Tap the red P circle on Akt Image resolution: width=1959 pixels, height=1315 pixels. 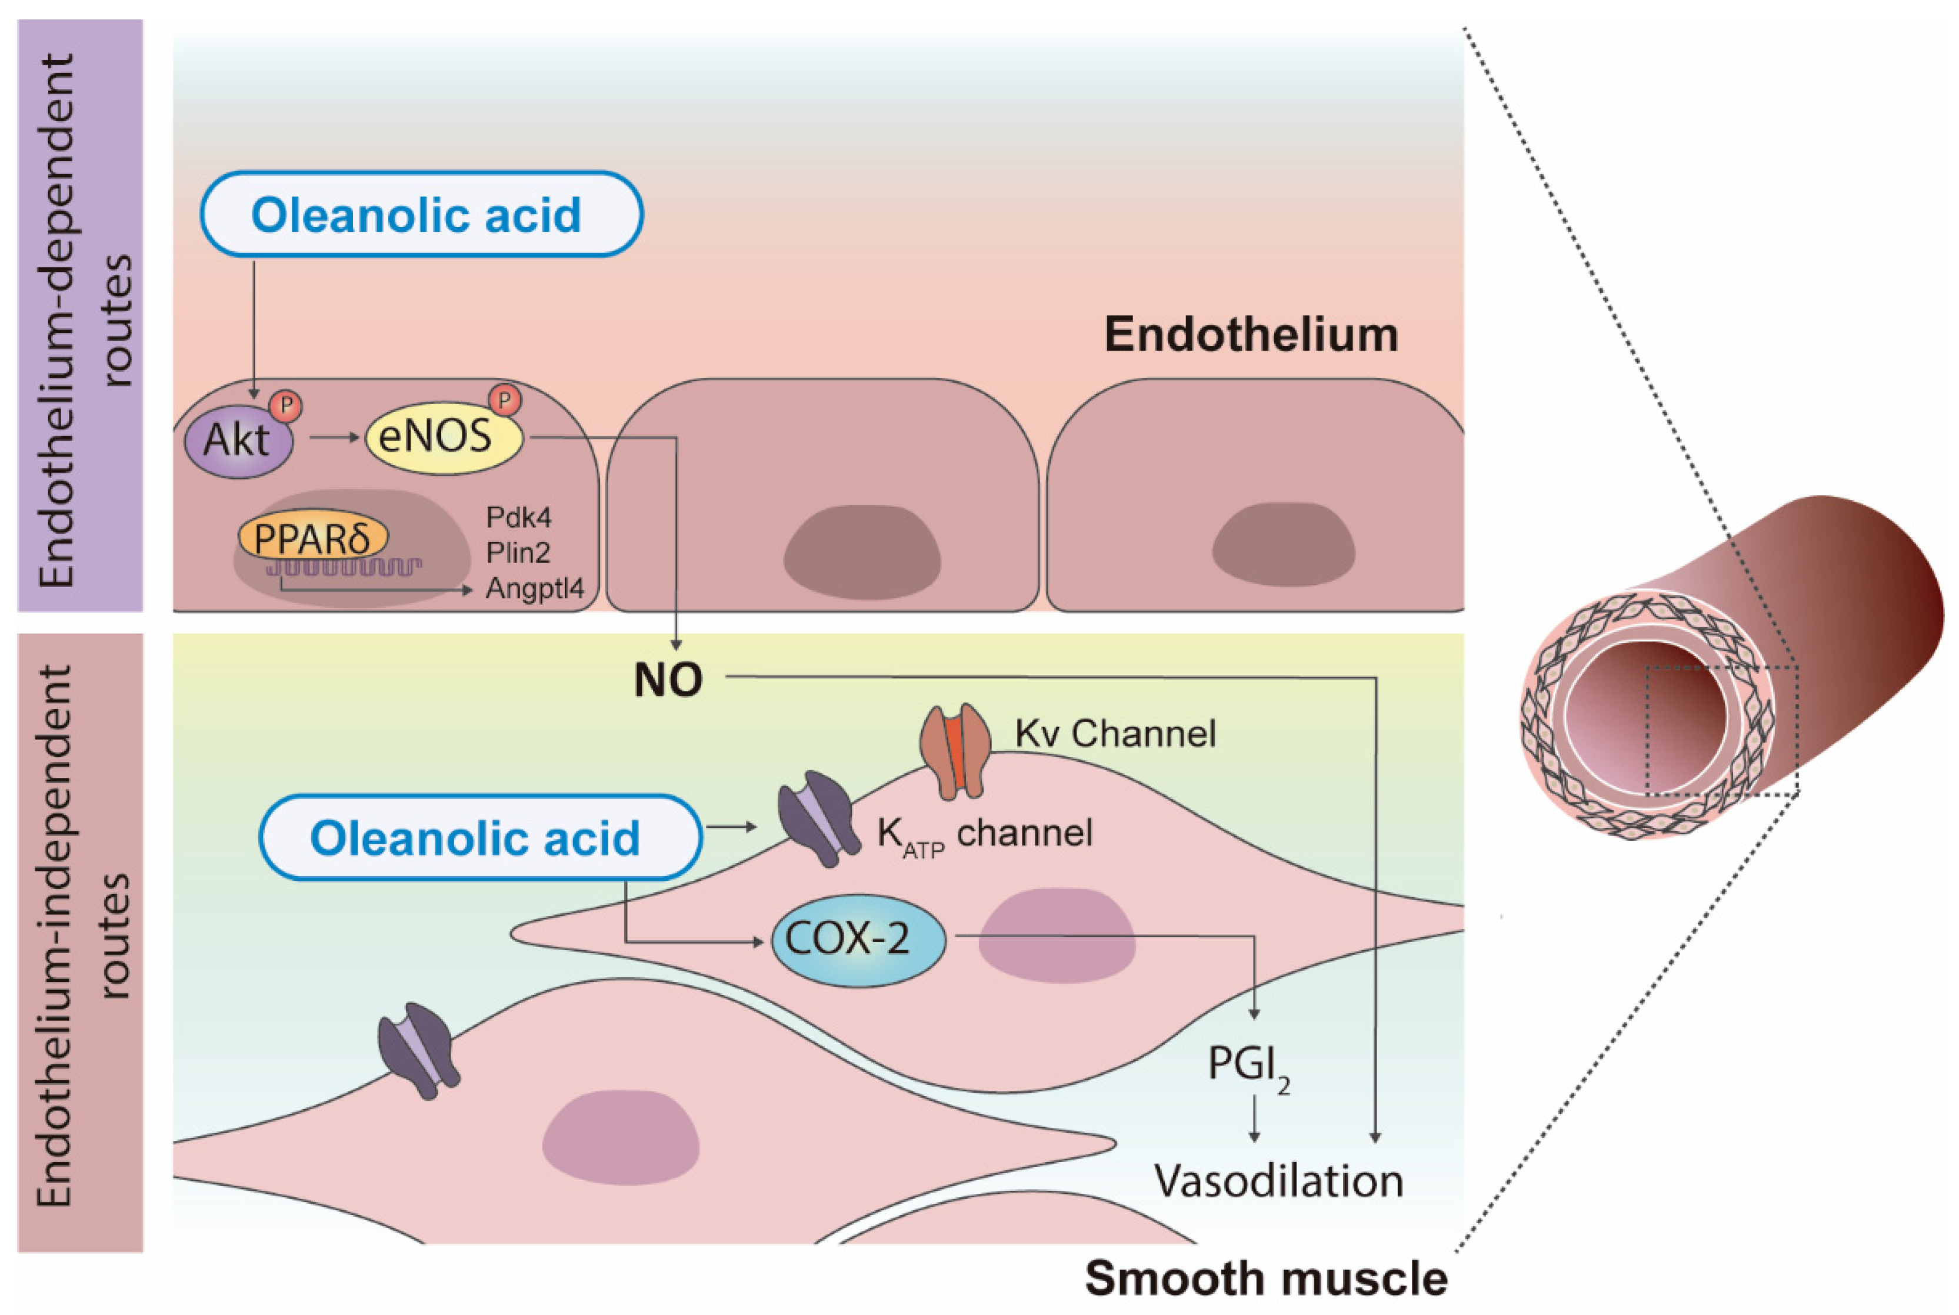click(285, 406)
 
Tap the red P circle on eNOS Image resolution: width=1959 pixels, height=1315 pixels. click(504, 400)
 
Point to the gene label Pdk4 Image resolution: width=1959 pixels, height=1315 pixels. click(518, 517)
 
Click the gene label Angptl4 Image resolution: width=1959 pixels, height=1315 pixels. click(534, 589)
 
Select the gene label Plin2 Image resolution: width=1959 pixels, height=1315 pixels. click(518, 552)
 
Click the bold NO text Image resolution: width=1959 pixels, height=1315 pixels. click(668, 680)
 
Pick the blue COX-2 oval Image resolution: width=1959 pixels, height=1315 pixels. click(857, 939)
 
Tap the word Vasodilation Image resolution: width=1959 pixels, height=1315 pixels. click(1277, 1181)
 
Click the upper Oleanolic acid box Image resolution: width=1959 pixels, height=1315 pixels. click(421, 215)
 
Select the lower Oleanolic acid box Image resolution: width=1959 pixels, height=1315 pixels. click(479, 838)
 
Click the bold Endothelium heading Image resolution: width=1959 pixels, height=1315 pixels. click(1250, 335)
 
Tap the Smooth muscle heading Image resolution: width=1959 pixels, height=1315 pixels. click(1265, 1278)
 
